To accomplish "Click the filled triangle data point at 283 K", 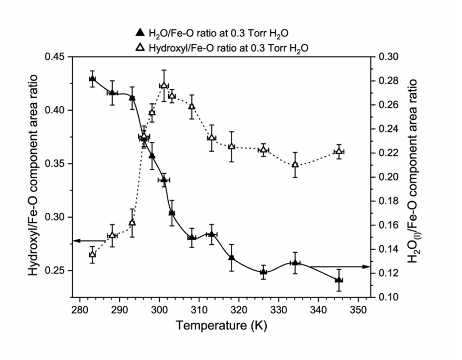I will click(92, 79).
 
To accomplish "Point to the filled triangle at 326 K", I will click(263, 272).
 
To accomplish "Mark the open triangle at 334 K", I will click(295, 165).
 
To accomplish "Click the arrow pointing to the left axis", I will click(83, 241).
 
